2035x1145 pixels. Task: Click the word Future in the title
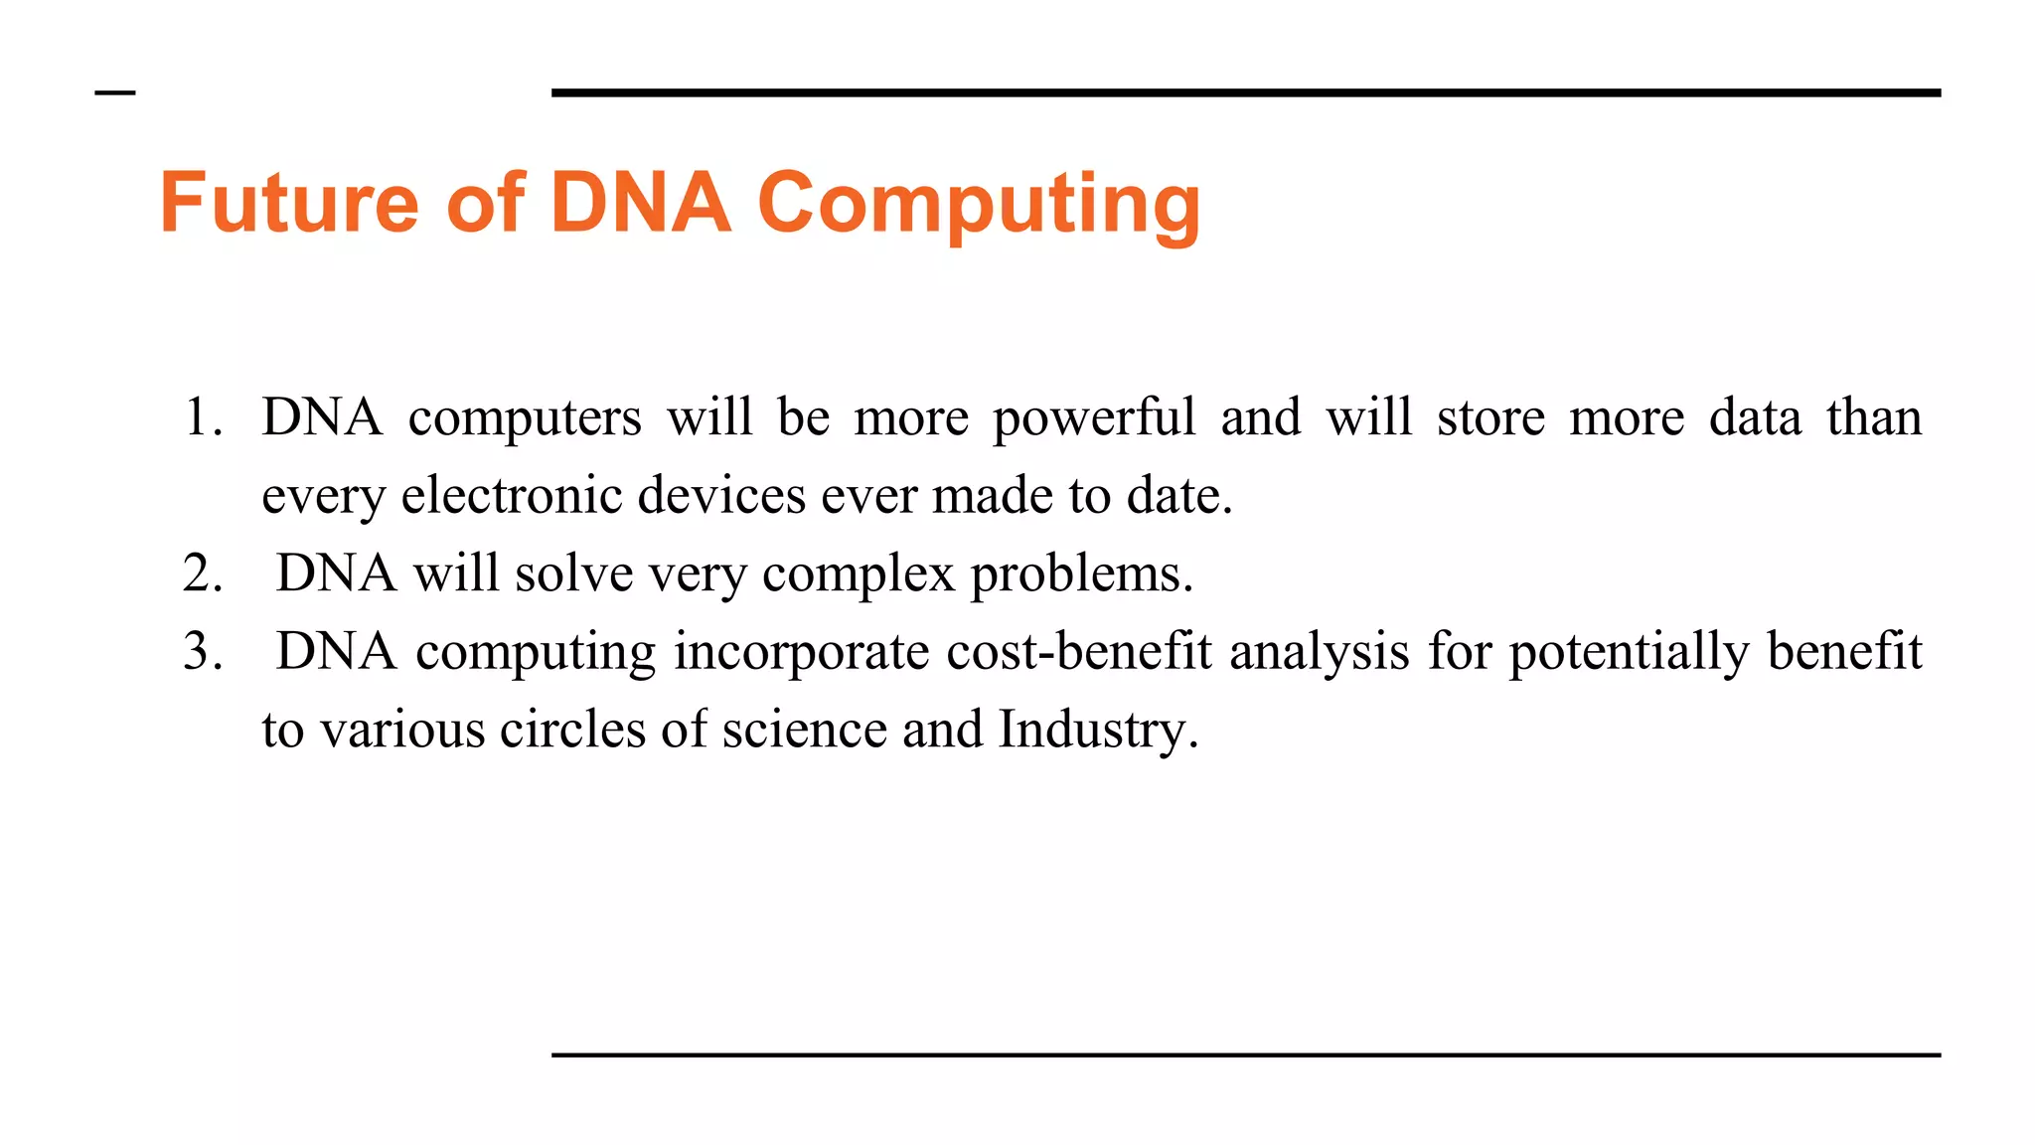point(289,203)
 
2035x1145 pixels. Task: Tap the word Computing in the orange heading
point(979,205)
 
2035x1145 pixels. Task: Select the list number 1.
point(202,417)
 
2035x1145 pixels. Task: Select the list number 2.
point(202,574)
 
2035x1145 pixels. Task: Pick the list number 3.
point(202,652)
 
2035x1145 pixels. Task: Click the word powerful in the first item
point(1094,418)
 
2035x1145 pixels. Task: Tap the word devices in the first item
point(721,495)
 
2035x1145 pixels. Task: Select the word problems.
point(1081,574)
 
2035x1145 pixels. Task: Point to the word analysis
point(1320,652)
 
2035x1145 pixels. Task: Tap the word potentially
point(1629,652)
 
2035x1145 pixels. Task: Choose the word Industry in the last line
point(1098,730)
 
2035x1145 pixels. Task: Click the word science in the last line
point(805,730)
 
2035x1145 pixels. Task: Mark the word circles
point(572,730)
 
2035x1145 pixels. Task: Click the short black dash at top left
point(115,93)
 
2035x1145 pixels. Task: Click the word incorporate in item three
point(801,652)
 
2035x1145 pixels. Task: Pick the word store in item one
point(1490,417)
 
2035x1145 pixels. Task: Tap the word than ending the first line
point(1873,417)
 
